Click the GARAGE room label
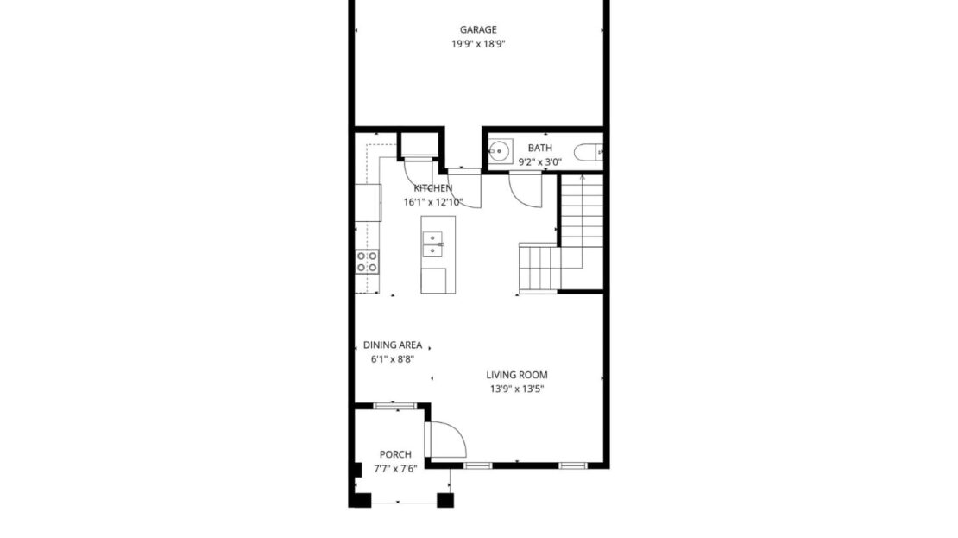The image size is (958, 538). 477,30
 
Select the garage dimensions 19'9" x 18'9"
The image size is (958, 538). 477,44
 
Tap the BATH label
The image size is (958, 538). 539,148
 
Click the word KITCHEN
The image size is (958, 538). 432,188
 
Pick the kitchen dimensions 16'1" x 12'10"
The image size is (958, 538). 432,202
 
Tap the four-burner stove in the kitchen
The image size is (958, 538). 368,261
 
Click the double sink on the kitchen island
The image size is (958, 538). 433,244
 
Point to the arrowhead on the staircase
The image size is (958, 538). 582,177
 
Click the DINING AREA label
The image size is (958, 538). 393,345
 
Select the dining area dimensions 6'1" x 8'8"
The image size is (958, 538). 393,359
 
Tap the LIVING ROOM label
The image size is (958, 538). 517,375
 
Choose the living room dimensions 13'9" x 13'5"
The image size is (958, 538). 517,389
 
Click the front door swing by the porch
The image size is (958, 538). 447,440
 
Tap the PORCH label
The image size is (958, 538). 395,454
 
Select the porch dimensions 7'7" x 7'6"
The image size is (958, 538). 395,469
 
